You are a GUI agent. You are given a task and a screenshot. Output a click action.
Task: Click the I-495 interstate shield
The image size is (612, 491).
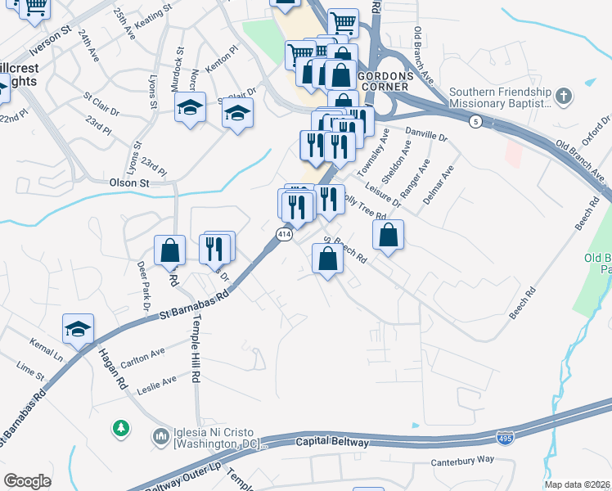[506, 438]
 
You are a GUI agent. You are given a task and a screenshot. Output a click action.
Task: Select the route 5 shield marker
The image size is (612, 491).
[475, 121]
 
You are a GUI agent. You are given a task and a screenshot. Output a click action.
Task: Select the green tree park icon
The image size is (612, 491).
[121, 428]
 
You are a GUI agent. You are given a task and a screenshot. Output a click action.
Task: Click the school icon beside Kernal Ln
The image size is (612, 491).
[78, 330]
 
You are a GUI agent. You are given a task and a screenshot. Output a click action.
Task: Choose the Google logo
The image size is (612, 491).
[27, 480]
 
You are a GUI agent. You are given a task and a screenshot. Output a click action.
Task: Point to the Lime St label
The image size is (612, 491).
[29, 374]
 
